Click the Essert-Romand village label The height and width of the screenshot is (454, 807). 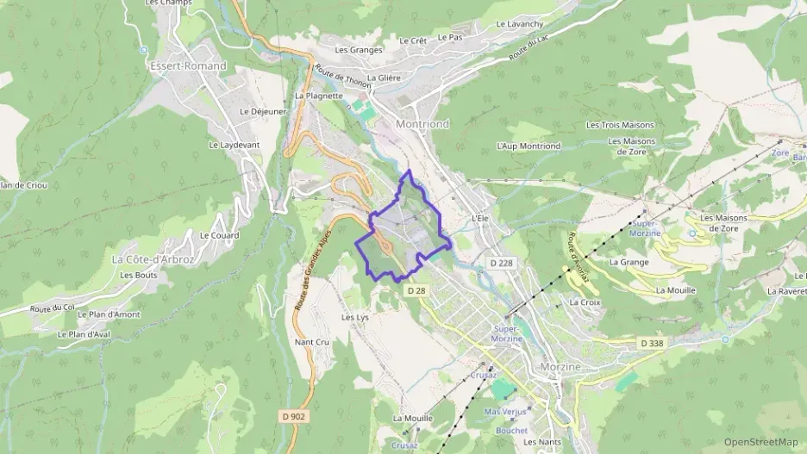tap(187, 65)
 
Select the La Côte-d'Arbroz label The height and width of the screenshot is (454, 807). tap(153, 258)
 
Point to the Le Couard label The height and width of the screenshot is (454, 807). tap(219, 234)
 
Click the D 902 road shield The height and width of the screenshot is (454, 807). tap(293, 416)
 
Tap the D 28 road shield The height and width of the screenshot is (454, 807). tap(416, 291)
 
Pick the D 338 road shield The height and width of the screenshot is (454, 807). tap(652, 344)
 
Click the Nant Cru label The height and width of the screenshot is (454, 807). tap(312, 342)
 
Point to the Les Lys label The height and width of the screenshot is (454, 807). tap(354, 317)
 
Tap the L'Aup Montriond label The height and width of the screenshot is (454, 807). tap(529, 146)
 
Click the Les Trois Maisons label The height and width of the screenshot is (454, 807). tap(621, 125)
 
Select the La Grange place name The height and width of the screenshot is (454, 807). tap(628, 261)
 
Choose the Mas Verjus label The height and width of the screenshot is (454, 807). tap(504, 412)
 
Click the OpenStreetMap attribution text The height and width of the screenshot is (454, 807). tap(760, 442)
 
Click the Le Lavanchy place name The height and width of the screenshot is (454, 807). tap(520, 24)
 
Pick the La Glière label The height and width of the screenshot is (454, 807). tap(384, 78)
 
